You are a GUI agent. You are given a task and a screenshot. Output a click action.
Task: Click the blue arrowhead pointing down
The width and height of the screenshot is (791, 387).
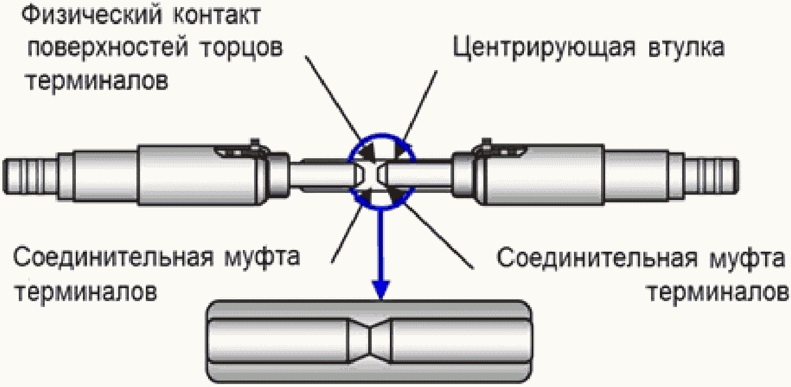pyautogui.click(x=382, y=288)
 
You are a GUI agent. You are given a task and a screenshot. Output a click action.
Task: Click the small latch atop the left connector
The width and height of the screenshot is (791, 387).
pyautogui.click(x=254, y=145)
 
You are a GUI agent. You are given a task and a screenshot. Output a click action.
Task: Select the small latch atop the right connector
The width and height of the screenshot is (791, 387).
pyautogui.click(x=486, y=145)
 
